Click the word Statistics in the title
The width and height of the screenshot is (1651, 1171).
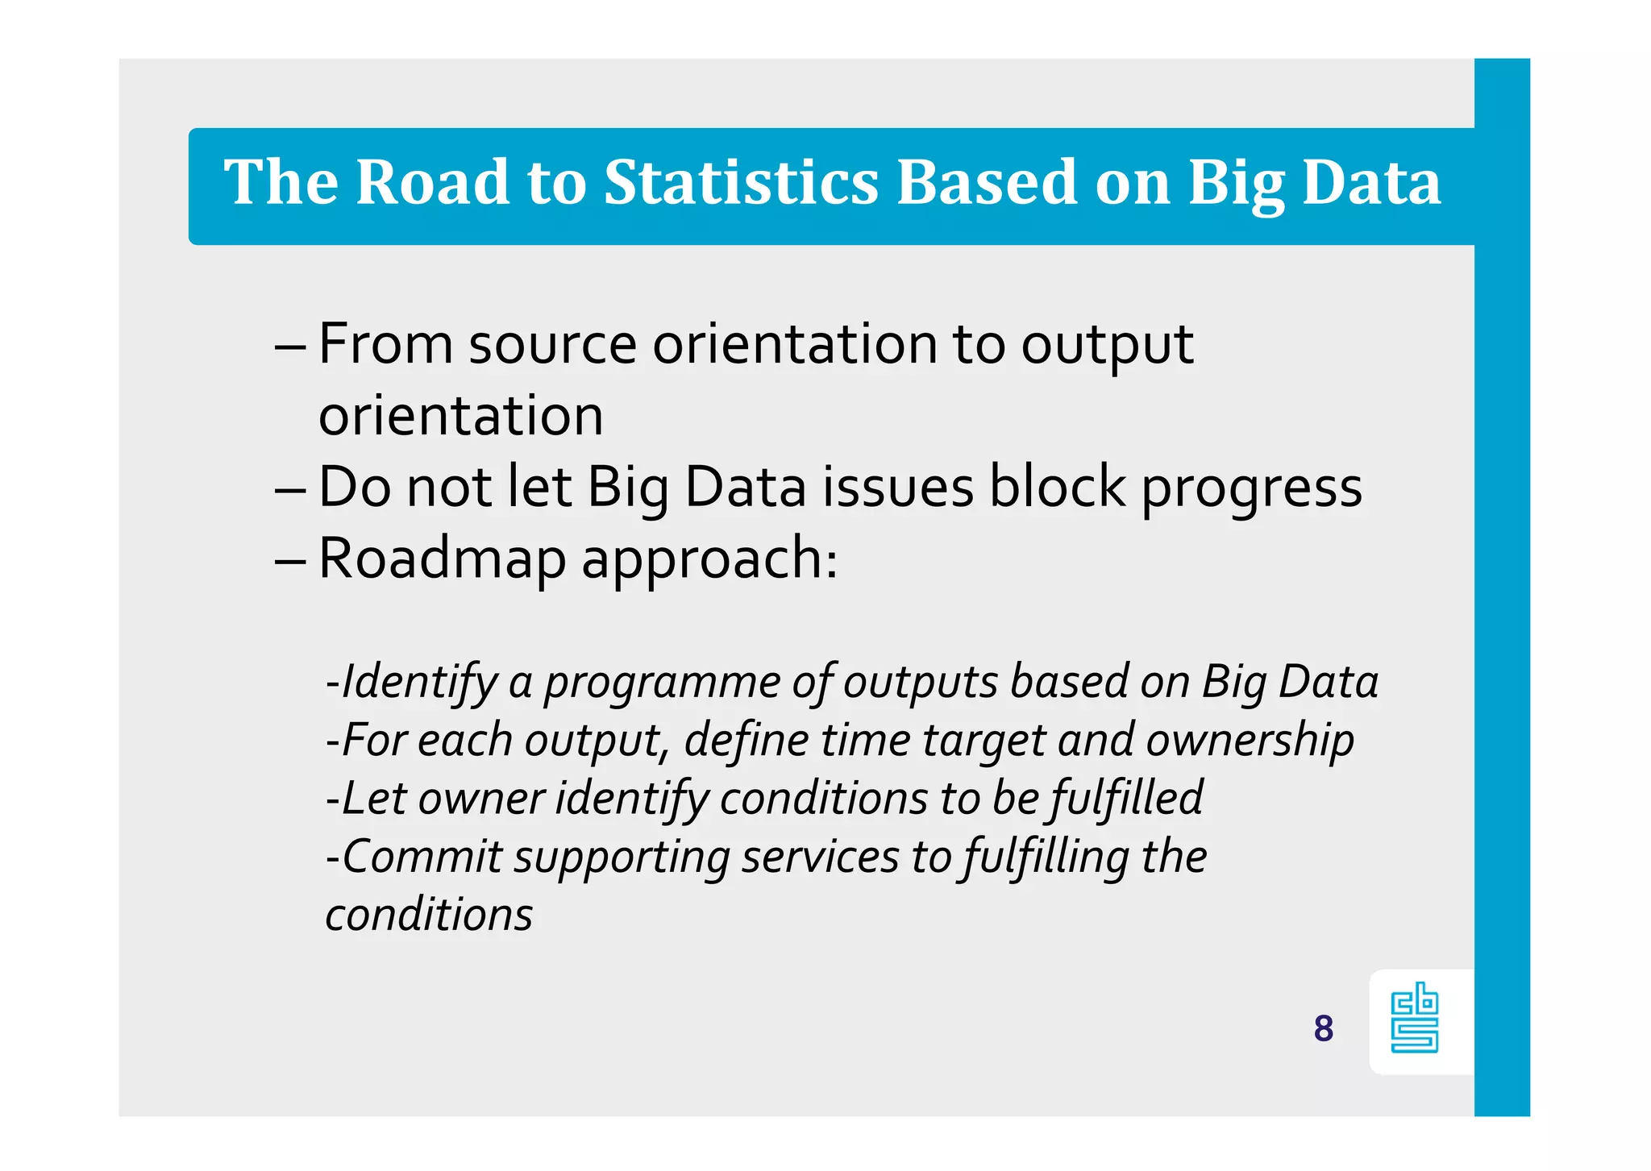[740, 182]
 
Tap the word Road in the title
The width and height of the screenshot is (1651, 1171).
[431, 182]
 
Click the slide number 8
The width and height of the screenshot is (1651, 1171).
[1323, 1028]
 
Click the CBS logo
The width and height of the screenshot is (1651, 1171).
[1415, 1018]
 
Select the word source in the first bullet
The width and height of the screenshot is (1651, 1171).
[552, 345]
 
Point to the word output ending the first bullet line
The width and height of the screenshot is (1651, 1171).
[1107, 347]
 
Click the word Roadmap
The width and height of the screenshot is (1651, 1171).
[442, 559]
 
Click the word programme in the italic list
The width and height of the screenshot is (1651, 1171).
[662, 683]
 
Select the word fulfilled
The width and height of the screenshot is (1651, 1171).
[1125, 799]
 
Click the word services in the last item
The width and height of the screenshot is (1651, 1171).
[820, 857]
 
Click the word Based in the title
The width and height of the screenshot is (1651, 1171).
[986, 182]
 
